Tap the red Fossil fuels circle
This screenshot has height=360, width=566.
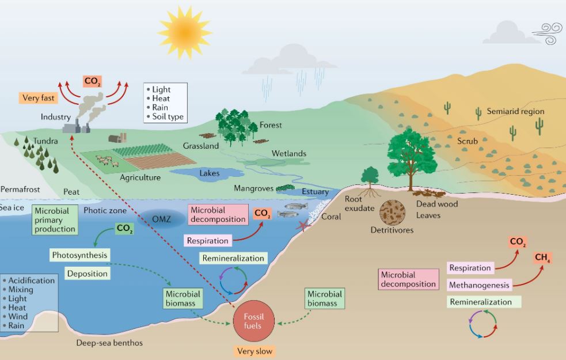[254, 321]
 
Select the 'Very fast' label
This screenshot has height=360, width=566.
[38, 98]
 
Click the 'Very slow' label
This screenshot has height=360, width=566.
[254, 351]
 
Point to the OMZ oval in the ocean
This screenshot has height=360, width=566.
[161, 219]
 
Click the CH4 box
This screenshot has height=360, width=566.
[542, 257]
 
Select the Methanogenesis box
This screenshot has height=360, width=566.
[480, 285]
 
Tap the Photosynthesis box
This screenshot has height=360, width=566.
[79, 255]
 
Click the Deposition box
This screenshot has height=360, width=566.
[88, 274]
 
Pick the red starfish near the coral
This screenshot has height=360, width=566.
[303, 225]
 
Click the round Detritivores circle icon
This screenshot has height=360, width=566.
[392, 213]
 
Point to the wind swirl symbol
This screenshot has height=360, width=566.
[549, 33]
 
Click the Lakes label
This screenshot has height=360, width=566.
[210, 173]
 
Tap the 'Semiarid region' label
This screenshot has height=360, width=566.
[515, 111]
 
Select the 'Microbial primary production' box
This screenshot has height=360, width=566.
[55, 220]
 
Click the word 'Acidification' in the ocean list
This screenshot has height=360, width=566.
[32, 280]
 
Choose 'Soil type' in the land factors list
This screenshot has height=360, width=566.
[168, 116]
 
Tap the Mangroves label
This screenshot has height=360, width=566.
[253, 188]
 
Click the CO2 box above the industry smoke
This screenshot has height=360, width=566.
[92, 81]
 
